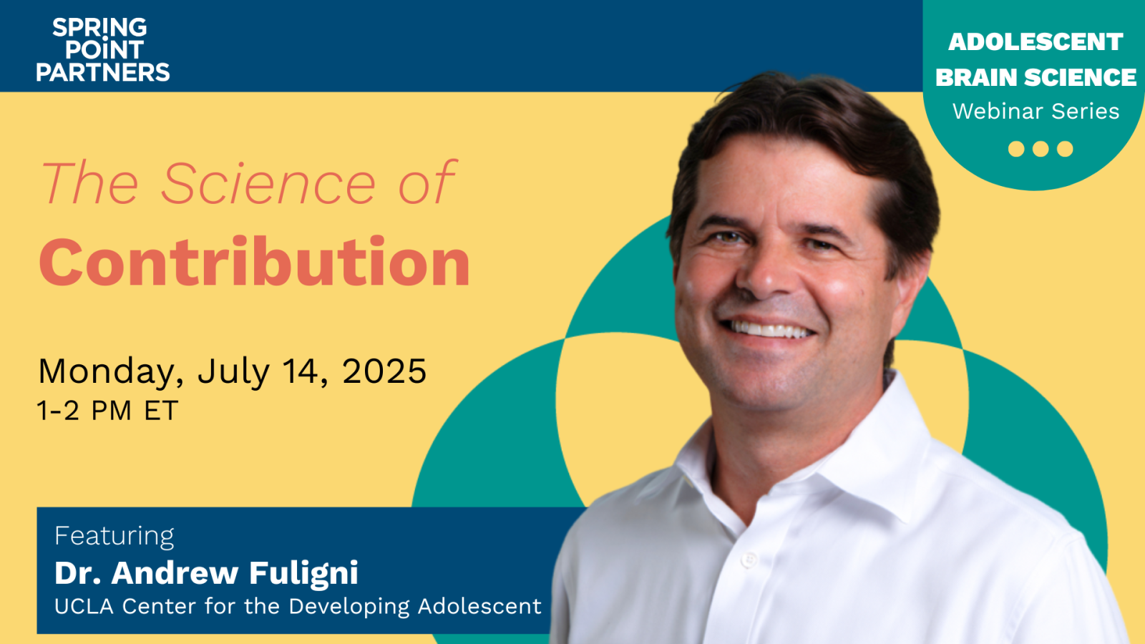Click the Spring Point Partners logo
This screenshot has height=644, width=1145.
point(103,49)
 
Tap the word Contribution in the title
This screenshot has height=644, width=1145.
point(255,263)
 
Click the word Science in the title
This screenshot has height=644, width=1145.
point(268,184)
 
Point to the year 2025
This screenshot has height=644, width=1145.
point(384,371)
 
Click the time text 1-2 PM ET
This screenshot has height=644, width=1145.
point(107,411)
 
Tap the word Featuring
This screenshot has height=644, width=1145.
point(114,536)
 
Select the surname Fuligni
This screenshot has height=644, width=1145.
point(303,573)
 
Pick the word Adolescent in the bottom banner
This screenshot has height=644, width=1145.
point(479,607)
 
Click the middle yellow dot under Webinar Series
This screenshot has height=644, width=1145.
point(1041,149)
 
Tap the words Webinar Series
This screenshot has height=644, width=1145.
point(1036,112)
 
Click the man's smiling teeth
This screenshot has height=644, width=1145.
point(769,330)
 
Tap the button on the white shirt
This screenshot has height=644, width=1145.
point(749,560)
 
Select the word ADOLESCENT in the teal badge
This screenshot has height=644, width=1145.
point(1036,42)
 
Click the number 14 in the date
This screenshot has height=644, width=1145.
point(300,371)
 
